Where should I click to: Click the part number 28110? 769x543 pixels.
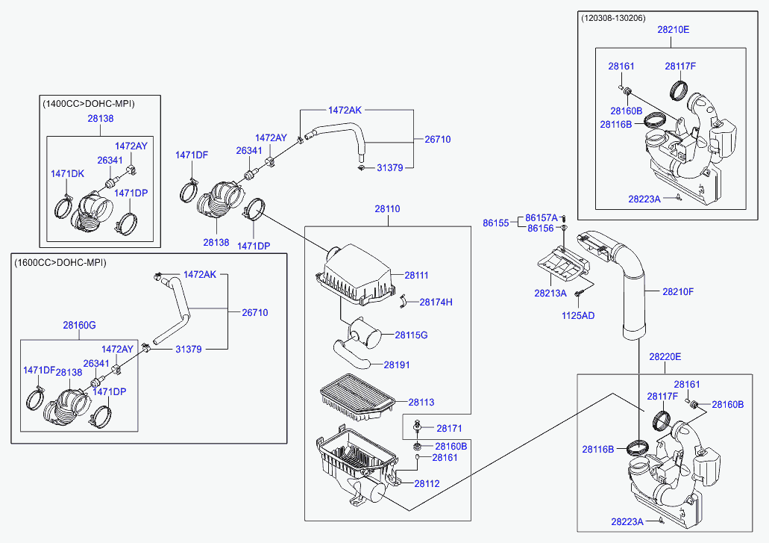coord(387,209)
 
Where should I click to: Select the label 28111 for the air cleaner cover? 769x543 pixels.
coord(417,276)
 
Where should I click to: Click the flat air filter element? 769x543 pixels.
coord(352,394)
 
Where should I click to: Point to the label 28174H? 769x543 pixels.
coord(436,302)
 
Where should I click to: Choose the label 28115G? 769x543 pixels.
coord(411,335)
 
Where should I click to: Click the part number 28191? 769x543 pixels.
coord(397,365)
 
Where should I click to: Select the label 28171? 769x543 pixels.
coord(450,429)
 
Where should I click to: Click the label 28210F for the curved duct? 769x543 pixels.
coord(678,291)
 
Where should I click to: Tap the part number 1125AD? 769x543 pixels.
coord(578,316)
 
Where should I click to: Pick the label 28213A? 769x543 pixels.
coord(550,294)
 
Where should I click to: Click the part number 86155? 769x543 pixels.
coord(495,223)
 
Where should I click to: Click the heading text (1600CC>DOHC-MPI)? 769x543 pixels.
coord(60,263)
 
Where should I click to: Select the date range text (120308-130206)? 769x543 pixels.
coord(614,18)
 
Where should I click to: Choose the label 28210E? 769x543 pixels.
coord(674,30)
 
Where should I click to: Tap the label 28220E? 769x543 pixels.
coord(665,357)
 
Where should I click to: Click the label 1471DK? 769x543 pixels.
coord(67,174)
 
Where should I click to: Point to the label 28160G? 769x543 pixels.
coord(79,325)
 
